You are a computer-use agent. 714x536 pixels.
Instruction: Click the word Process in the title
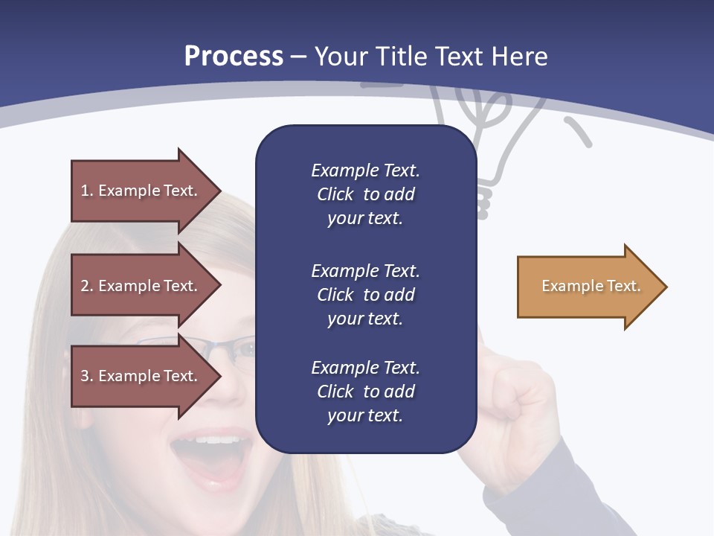(x=234, y=56)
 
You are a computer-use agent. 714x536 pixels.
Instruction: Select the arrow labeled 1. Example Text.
(x=141, y=191)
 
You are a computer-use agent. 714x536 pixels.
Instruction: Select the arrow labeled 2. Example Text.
(x=141, y=286)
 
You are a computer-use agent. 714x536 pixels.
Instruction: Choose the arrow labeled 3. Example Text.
(x=141, y=376)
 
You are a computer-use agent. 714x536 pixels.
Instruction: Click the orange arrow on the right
(x=588, y=286)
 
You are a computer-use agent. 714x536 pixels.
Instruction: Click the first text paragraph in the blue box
(x=365, y=194)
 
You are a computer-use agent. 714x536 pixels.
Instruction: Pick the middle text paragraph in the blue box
(x=365, y=295)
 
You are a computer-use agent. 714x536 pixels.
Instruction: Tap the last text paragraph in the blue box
(x=365, y=392)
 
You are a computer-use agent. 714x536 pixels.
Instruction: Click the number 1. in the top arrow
(x=87, y=191)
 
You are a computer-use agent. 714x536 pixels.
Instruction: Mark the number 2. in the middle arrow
(x=87, y=286)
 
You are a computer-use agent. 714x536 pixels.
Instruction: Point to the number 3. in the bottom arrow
(x=87, y=376)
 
